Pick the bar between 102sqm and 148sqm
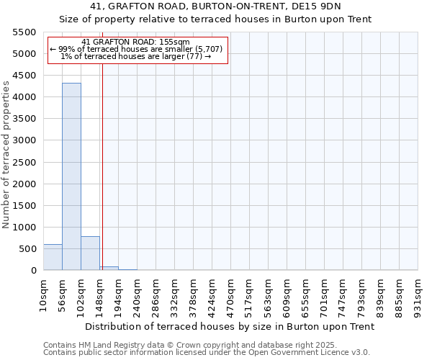pyautogui.click(x=90, y=253)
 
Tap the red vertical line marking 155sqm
pyautogui.click(x=102, y=166)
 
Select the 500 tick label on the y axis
pyautogui.click(x=28, y=249)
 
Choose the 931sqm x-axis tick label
pyautogui.click(x=418, y=294)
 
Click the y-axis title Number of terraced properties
pyautogui.click(x=7, y=155)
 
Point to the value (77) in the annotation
pyautogui.click(x=193, y=56)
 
